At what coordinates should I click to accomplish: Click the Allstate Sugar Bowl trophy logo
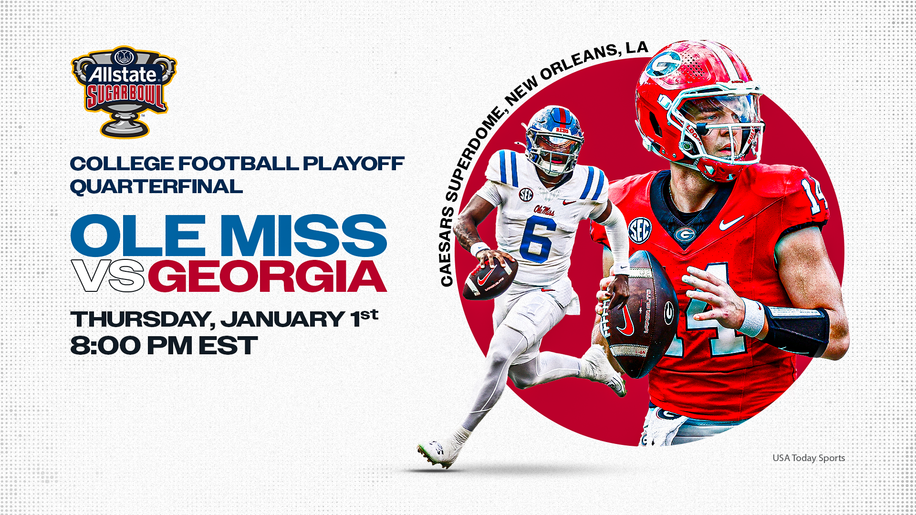[124, 91]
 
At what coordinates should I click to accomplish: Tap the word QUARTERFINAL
[156, 186]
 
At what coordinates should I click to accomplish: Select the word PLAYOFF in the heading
[354, 164]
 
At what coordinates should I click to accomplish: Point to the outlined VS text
[108, 276]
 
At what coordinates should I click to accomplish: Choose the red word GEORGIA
[267, 277]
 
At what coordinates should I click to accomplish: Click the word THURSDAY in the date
[140, 319]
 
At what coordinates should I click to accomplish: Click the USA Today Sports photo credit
[809, 458]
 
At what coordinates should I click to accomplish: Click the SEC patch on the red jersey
[639, 230]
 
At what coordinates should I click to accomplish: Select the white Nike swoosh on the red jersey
[731, 222]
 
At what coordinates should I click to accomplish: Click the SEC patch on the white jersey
[526, 195]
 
